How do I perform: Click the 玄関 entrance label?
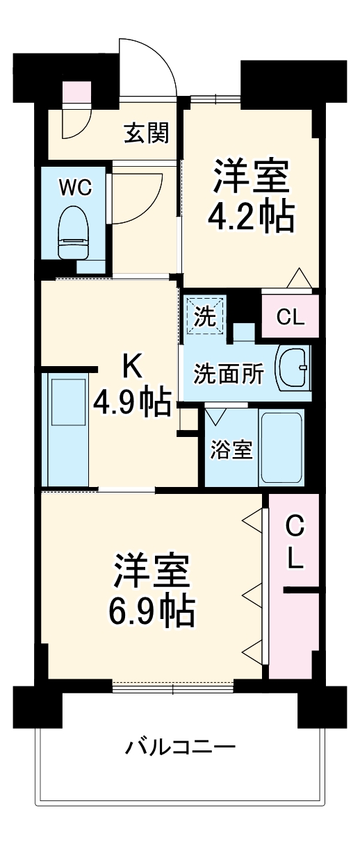[x=147, y=132]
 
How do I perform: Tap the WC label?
[x=74, y=188]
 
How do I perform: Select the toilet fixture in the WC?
[x=74, y=232]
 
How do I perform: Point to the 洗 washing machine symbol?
[x=204, y=317]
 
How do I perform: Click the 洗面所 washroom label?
[x=228, y=374]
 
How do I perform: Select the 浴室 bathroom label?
[x=231, y=449]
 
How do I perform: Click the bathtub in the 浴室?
[x=281, y=448]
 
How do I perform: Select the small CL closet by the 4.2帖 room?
[x=290, y=317]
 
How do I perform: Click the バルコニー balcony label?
[x=180, y=748]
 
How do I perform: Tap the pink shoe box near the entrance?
[x=76, y=92]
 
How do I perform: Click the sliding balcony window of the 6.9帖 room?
[x=173, y=688]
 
